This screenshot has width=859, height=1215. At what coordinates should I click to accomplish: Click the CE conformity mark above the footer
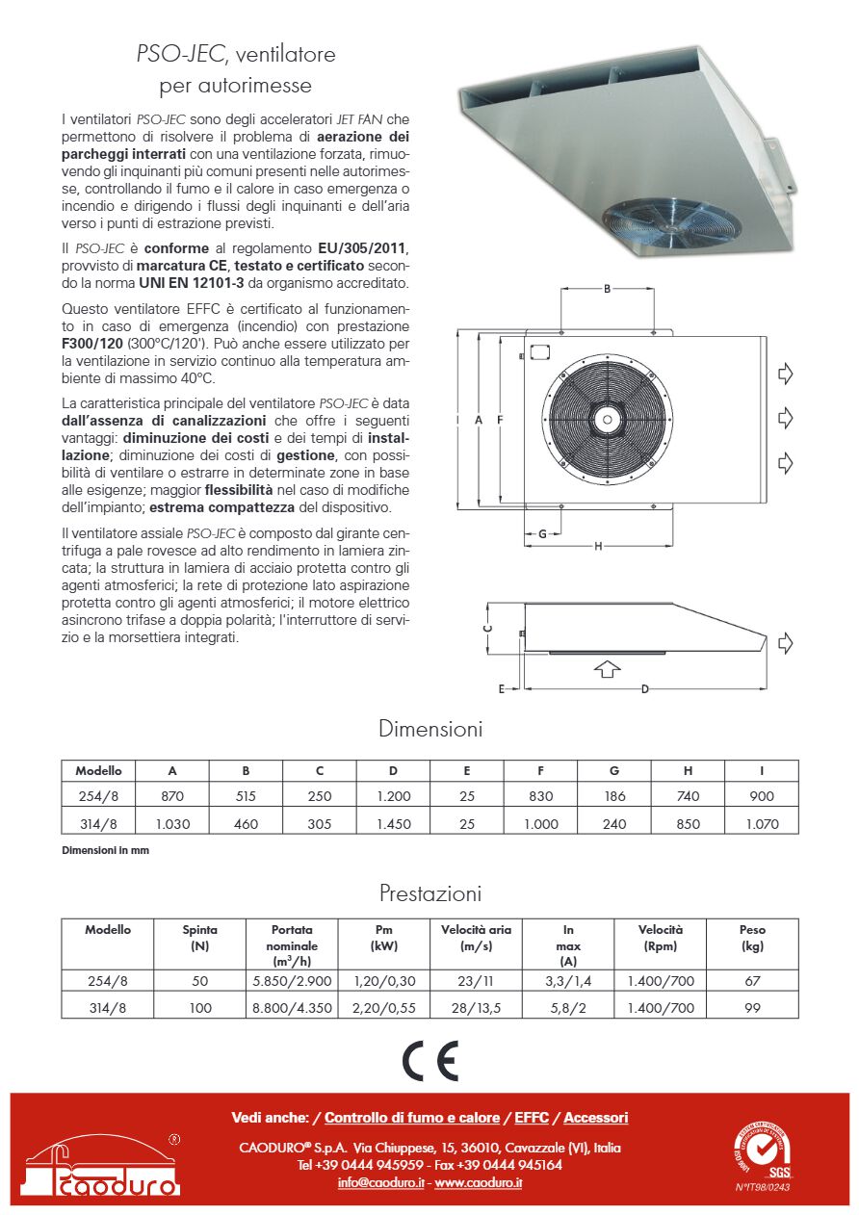pyautogui.click(x=429, y=1061)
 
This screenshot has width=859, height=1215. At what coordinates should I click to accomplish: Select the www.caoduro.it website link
pyautogui.click(x=478, y=1182)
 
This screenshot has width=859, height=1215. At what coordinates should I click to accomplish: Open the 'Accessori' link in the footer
pyautogui.click(x=595, y=1118)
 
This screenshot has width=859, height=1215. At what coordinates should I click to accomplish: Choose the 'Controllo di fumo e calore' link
pyautogui.click(x=412, y=1118)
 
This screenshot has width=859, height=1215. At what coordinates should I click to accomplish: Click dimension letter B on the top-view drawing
pyautogui.click(x=607, y=289)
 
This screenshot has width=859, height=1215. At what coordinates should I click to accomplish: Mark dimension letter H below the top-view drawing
pyautogui.click(x=598, y=547)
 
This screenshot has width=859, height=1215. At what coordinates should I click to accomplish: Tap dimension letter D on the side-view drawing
pyautogui.click(x=644, y=688)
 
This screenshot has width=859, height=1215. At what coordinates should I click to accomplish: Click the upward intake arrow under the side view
pyautogui.click(x=607, y=668)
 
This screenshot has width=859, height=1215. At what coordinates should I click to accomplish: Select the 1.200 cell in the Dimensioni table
pyautogui.click(x=393, y=796)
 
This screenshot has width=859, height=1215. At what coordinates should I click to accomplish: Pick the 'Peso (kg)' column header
pyautogui.click(x=752, y=938)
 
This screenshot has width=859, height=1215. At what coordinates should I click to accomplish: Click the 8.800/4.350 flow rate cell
pyautogui.click(x=281, y=1008)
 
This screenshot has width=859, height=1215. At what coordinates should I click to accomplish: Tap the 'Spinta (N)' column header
pyautogui.click(x=199, y=938)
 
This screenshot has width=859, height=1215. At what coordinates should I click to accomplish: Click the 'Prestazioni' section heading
pyautogui.click(x=429, y=893)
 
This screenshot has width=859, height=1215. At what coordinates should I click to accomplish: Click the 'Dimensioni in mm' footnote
pyautogui.click(x=105, y=851)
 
